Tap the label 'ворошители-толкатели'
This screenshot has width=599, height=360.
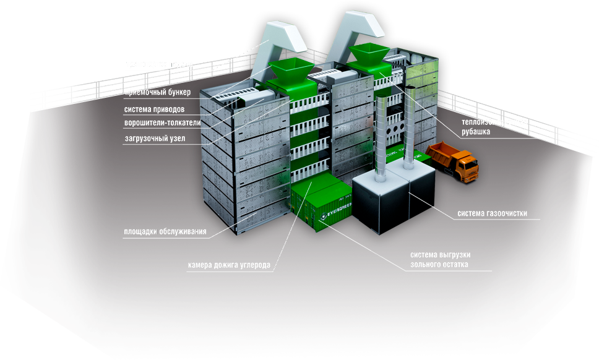point(163,122)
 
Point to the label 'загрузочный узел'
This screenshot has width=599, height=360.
point(155,139)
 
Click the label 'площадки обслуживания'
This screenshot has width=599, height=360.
point(165,233)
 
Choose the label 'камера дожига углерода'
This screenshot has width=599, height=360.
point(229,265)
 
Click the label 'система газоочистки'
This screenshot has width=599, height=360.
point(493,214)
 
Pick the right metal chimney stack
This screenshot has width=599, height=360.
point(410,130)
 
